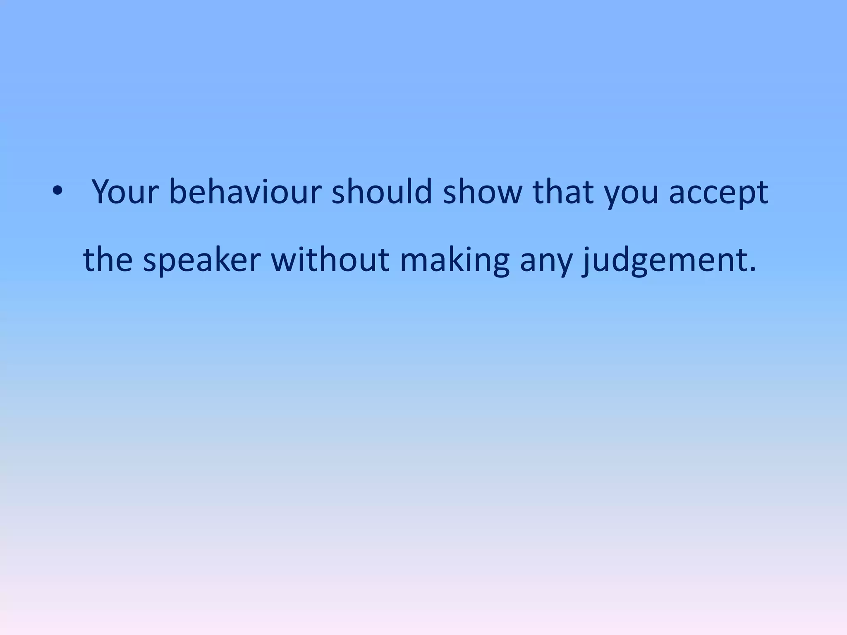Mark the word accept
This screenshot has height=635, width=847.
coord(718,194)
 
